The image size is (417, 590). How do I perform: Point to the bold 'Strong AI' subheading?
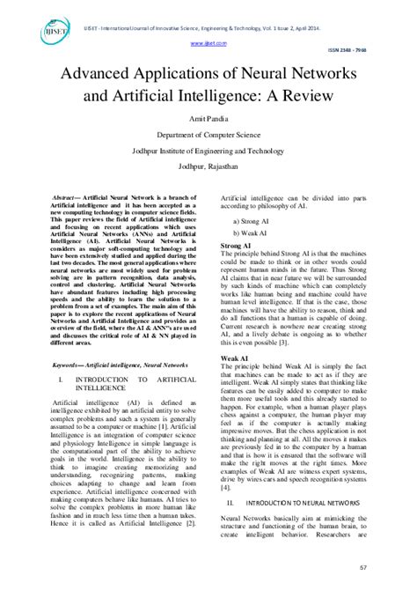[238, 245]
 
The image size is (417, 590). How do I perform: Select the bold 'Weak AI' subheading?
[235, 358]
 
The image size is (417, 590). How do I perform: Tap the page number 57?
[386, 569]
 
